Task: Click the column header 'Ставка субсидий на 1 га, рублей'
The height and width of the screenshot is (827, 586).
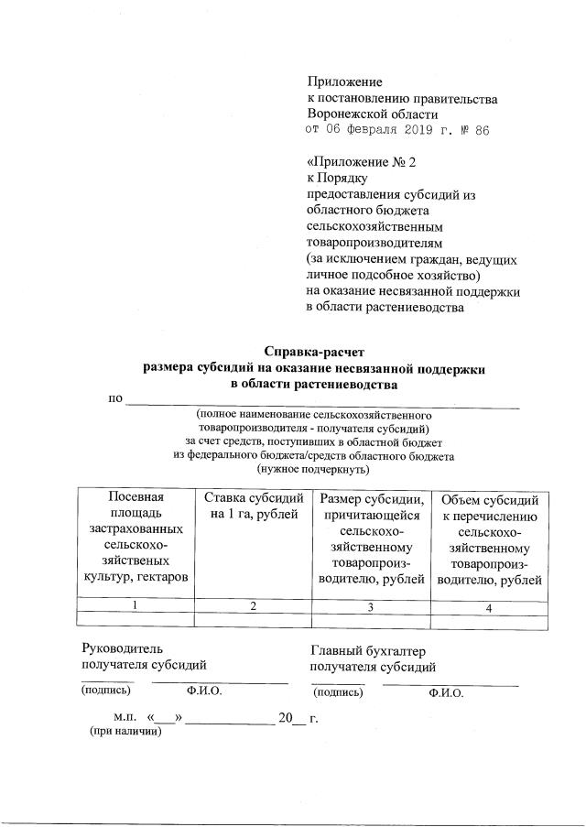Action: click(x=252, y=506)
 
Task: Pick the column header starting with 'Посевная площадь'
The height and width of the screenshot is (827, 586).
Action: click(x=136, y=536)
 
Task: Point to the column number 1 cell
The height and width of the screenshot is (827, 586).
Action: click(x=136, y=604)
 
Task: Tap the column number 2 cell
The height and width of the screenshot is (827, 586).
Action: click(x=252, y=605)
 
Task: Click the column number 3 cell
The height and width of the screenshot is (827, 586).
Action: click(x=371, y=606)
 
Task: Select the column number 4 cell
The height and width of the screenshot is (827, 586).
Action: click(x=490, y=607)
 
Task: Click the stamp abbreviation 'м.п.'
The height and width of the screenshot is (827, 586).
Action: click(x=125, y=717)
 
